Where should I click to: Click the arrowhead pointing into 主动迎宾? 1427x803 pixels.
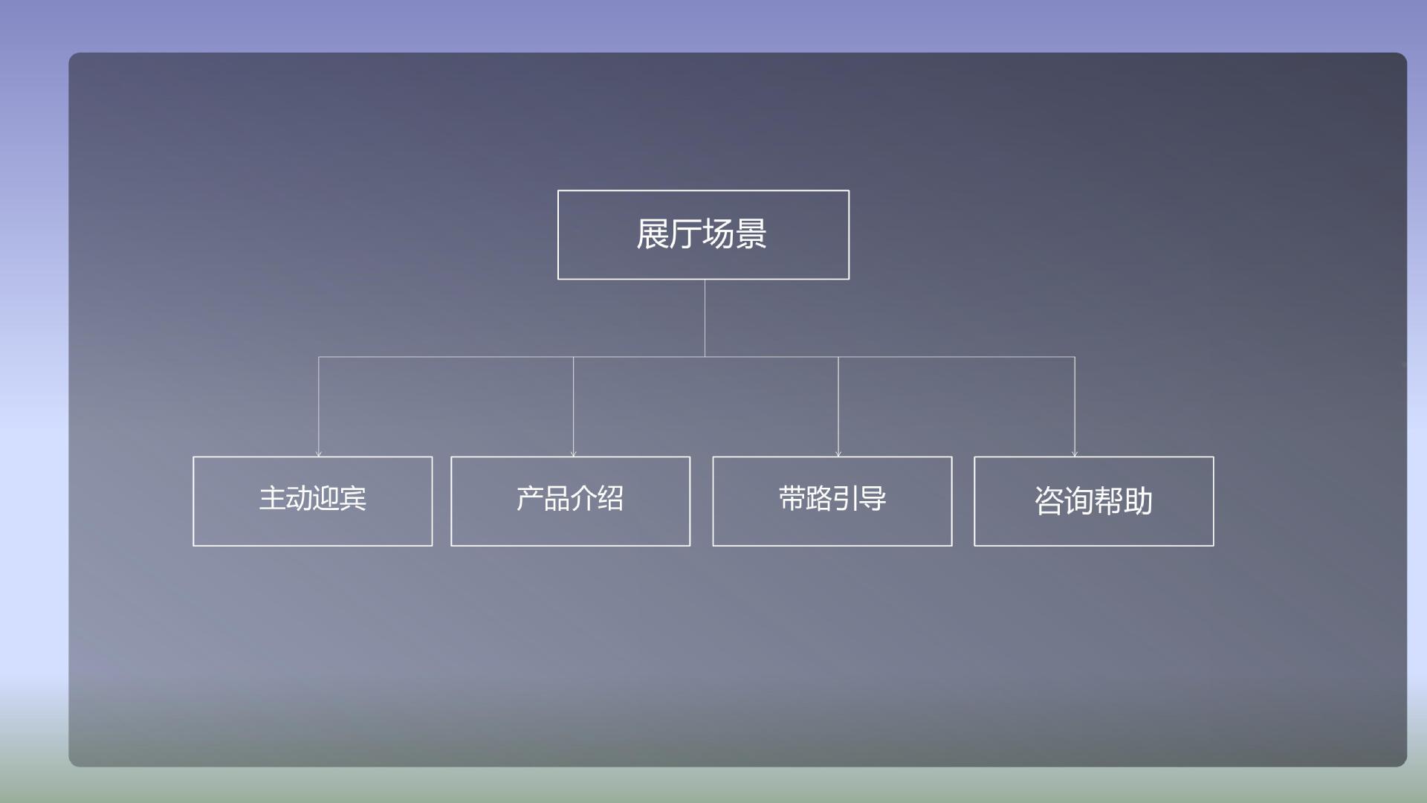(x=319, y=454)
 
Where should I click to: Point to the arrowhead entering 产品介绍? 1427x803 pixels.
(x=573, y=454)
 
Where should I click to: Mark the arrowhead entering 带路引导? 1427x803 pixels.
(x=838, y=454)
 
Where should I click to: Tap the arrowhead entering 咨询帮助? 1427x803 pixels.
(x=1075, y=454)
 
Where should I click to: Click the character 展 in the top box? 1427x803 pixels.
(x=653, y=234)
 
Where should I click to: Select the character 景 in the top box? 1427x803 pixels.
(x=751, y=234)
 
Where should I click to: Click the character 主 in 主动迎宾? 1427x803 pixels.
(x=272, y=498)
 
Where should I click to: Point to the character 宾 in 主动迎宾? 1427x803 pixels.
(x=353, y=498)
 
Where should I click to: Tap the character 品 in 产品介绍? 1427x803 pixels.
(x=557, y=498)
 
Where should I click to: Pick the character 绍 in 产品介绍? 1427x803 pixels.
(x=611, y=498)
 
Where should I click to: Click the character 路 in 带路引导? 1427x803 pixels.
(x=818, y=498)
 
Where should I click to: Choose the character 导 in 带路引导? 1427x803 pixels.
(x=873, y=498)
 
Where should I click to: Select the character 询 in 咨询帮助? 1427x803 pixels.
(x=1078, y=501)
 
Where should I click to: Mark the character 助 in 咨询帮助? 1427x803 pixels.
(x=1138, y=501)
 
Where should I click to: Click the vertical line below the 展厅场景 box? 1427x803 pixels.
(x=705, y=318)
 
